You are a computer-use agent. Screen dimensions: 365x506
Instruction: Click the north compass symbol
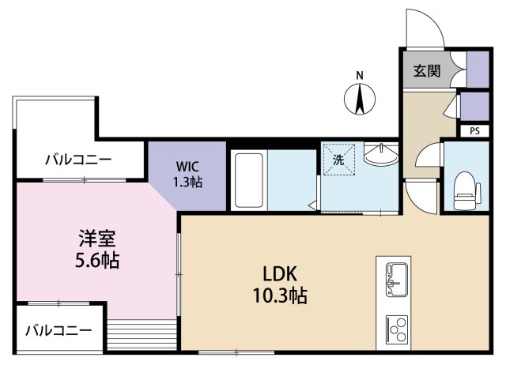(360, 100)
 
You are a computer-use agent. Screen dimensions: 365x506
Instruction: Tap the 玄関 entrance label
(426, 71)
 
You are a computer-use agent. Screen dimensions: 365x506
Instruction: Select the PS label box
(474, 131)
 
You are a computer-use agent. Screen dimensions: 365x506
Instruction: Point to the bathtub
(250, 179)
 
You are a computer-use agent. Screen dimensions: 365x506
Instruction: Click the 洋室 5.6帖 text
(98, 248)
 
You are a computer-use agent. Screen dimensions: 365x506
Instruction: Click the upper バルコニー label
(77, 160)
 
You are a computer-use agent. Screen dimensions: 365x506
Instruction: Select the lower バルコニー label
(58, 329)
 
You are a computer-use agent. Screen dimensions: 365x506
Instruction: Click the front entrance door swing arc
(424, 30)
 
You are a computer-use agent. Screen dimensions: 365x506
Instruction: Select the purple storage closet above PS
(474, 105)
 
